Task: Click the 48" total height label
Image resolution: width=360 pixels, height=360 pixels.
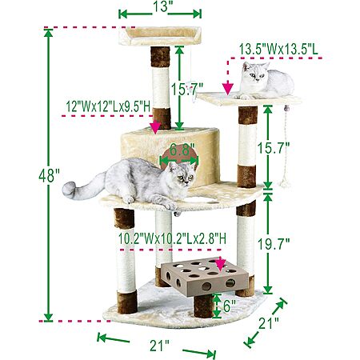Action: point(49,176)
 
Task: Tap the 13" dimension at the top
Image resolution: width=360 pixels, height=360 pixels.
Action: point(160,6)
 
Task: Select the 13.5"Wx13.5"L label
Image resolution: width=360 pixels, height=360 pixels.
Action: point(278,50)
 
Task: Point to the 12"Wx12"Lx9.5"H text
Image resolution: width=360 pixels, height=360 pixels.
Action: point(109,107)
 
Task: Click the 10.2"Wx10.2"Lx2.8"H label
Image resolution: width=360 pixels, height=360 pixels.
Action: point(172,238)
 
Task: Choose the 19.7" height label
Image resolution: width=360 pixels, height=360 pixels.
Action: point(274,244)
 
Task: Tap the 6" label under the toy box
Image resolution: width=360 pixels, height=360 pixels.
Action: point(230,306)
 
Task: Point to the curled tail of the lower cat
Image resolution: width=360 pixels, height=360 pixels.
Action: point(72,190)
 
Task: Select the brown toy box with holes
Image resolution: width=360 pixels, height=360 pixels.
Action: point(205,278)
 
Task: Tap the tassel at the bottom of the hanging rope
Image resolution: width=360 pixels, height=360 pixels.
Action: point(284,183)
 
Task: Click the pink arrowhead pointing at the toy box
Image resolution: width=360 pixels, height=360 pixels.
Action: point(220,265)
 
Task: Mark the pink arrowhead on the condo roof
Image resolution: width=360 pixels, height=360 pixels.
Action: point(155,127)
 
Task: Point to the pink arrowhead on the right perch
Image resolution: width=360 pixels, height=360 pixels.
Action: point(228,89)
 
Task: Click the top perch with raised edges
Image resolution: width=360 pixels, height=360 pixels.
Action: point(160,36)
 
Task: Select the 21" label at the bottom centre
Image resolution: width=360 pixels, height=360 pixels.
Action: point(159,346)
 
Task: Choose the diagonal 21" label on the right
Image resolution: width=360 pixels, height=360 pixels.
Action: point(269,323)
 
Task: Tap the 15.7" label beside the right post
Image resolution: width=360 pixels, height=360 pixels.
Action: point(274,148)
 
